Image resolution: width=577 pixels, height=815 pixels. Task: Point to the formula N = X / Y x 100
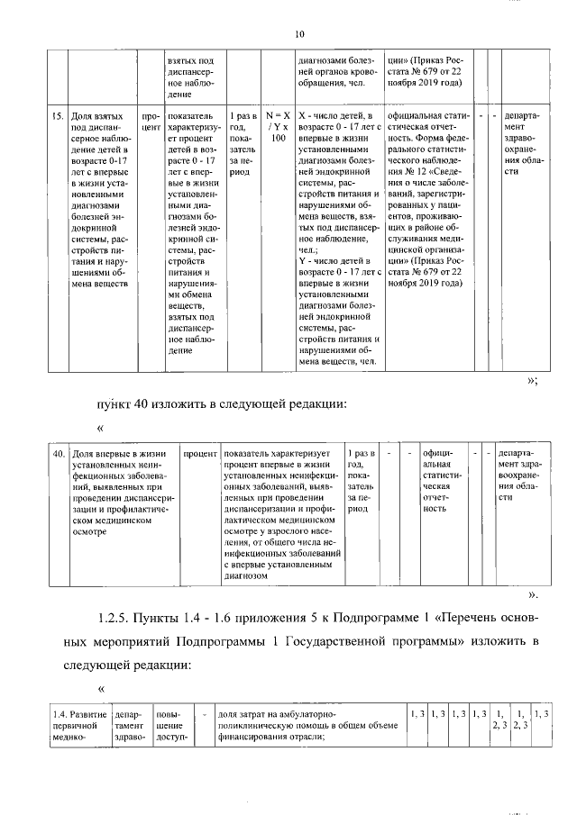tap(278, 128)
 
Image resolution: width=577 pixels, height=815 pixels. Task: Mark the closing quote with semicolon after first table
tap(532, 382)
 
